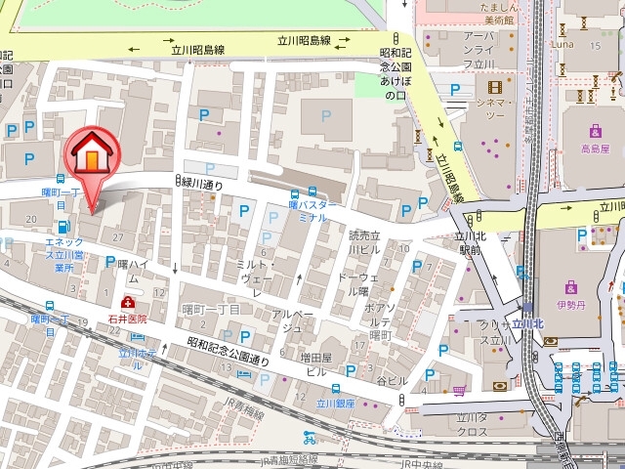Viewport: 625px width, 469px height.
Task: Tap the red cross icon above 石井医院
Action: pos(128,303)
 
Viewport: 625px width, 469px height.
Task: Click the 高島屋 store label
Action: pos(594,149)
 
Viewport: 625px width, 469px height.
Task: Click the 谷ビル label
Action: pos(392,381)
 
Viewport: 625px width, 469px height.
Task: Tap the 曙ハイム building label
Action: pos(134,271)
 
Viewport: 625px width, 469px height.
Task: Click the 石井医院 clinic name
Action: pos(128,318)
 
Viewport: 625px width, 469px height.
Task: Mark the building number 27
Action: pos(118,238)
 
